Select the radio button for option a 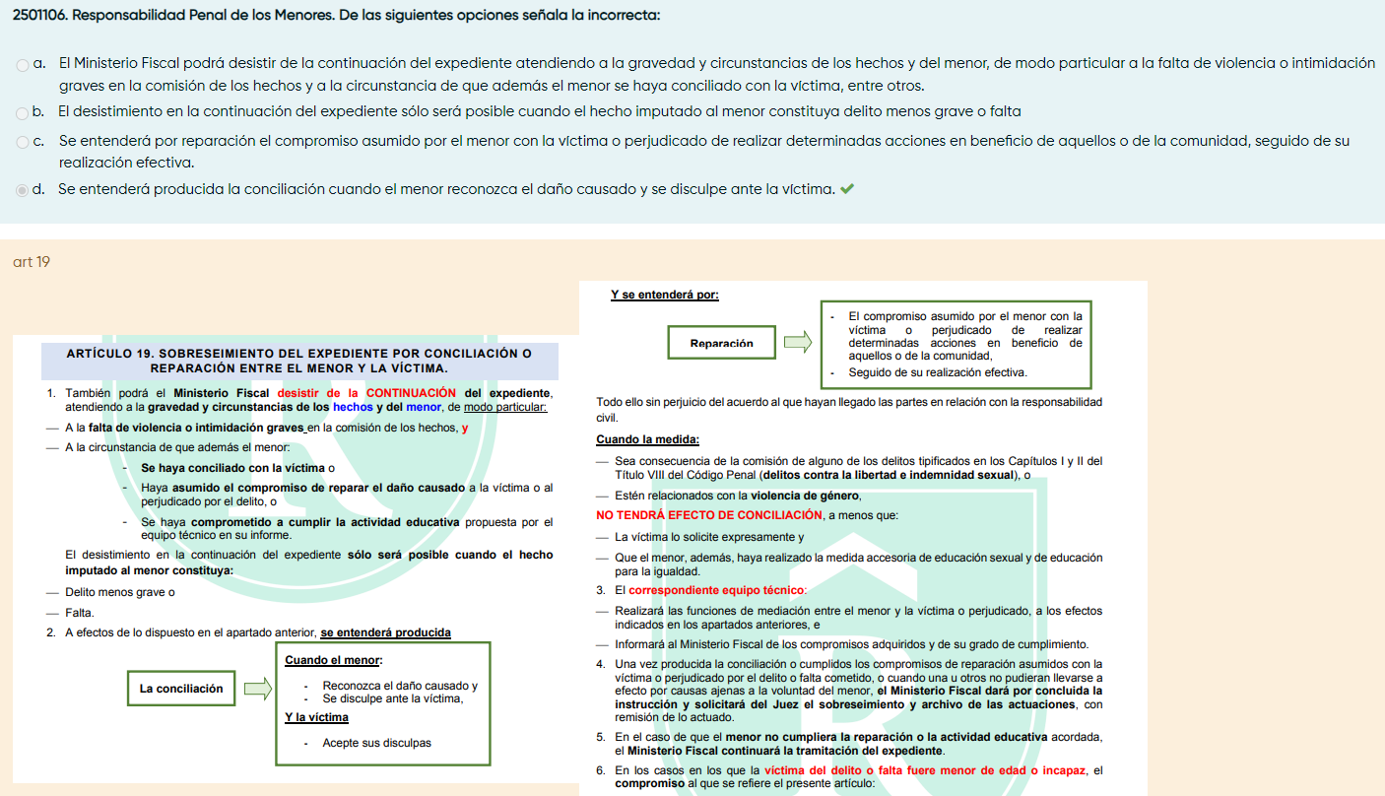click(23, 65)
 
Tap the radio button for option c click(23, 143)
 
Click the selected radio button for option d click(23, 190)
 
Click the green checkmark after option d click(847, 188)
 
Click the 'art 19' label click(32, 262)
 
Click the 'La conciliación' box click(181, 689)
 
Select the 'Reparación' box click(722, 343)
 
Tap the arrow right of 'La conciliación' click(256, 689)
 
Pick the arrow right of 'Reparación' click(797, 343)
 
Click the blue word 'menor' click(424, 407)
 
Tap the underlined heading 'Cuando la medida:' click(647, 439)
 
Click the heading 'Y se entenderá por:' click(665, 294)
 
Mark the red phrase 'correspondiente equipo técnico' click(716, 590)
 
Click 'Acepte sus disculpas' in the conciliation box click(376, 743)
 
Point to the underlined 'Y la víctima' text click(316, 717)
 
